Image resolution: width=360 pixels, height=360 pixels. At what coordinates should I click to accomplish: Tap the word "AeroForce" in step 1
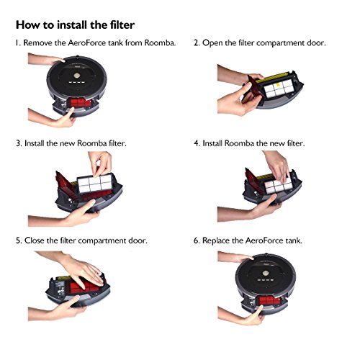[x=87, y=43]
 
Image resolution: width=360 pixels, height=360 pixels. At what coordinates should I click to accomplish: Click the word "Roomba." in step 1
[x=160, y=43]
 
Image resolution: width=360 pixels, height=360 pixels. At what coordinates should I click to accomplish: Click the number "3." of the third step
[x=19, y=143]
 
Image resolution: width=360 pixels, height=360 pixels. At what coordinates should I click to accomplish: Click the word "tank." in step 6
[x=294, y=240]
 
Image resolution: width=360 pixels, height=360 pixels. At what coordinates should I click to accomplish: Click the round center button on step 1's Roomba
[x=76, y=76]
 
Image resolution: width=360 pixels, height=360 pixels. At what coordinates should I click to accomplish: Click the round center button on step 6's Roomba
[x=266, y=274]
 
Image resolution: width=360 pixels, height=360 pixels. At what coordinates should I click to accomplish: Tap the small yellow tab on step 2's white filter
[x=279, y=85]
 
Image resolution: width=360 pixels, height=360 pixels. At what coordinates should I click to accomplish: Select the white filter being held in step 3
[x=95, y=184]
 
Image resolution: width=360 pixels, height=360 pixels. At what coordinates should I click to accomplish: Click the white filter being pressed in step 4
[x=279, y=186]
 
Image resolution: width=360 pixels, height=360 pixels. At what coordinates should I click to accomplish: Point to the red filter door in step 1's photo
[x=81, y=104]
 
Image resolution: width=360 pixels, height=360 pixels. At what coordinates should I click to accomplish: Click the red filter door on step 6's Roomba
[x=269, y=301]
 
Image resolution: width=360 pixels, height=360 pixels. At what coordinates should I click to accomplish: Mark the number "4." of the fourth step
[x=197, y=143]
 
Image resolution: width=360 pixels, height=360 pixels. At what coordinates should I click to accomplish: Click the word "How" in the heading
[x=28, y=25]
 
